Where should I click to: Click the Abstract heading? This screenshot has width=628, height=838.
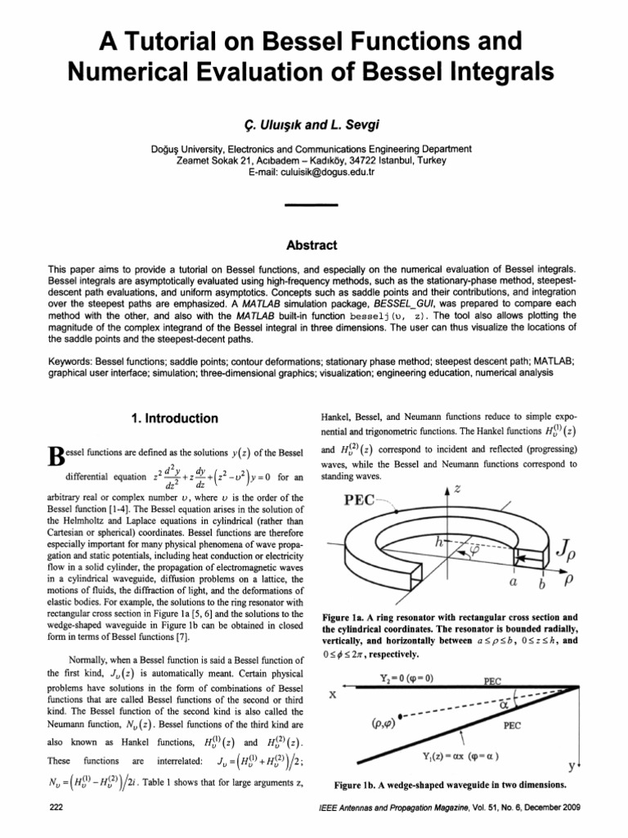pos(313,245)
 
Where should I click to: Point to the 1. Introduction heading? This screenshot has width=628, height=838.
pos(174,419)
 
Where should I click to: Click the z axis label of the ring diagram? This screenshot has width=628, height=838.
pos(457,488)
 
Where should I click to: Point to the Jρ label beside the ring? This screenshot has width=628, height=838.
pos(563,564)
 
